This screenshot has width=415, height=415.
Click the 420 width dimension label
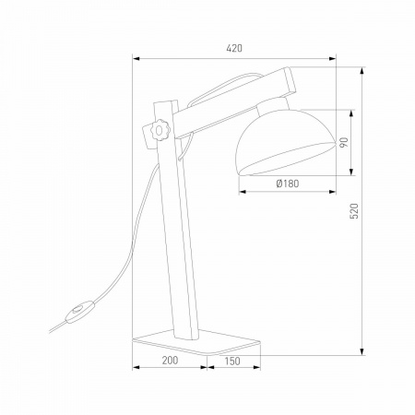tap(234, 48)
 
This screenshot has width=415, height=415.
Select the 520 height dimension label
tap(354, 211)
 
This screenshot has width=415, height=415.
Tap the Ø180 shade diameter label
tap(288, 184)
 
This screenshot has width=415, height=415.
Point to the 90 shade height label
tap(344, 142)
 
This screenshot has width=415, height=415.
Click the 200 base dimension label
tap(170, 360)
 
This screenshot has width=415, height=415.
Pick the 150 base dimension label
tap(232, 361)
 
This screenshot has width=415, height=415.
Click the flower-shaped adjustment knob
tap(159, 131)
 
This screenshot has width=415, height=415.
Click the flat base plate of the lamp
tap(196, 341)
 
